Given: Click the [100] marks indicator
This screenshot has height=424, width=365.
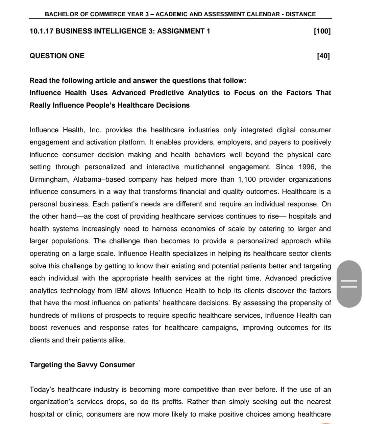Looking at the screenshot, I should pos(322,31).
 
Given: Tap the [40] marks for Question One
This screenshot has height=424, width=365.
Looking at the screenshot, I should pos(323,56).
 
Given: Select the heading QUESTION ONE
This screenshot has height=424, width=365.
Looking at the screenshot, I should pos(57,56).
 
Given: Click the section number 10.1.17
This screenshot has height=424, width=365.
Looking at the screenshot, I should pos(41,31).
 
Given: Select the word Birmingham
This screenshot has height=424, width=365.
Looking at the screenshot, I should pos(49,179).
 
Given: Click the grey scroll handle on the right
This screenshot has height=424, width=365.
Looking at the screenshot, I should pos(349,284).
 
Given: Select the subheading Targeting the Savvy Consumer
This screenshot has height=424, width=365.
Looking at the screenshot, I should pos(82,365).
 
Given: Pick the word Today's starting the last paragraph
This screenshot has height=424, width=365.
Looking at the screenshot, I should pos(42,389).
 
